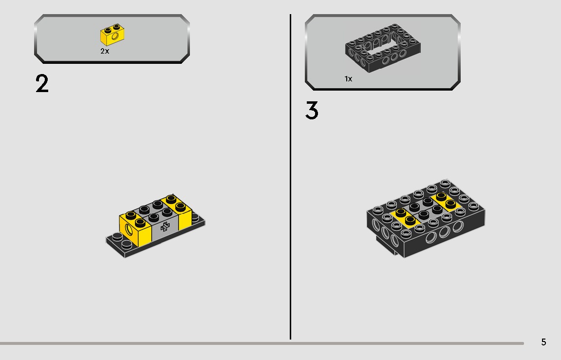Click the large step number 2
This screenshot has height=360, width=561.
(x=42, y=84)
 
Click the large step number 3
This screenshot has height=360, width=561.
(x=312, y=111)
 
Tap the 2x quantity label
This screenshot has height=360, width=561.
(x=105, y=51)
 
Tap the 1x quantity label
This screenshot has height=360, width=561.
(x=348, y=79)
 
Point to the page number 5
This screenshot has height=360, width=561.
(x=543, y=342)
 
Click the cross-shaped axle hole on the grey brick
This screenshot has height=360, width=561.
(x=165, y=226)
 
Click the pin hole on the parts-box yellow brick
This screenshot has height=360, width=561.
(x=115, y=36)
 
